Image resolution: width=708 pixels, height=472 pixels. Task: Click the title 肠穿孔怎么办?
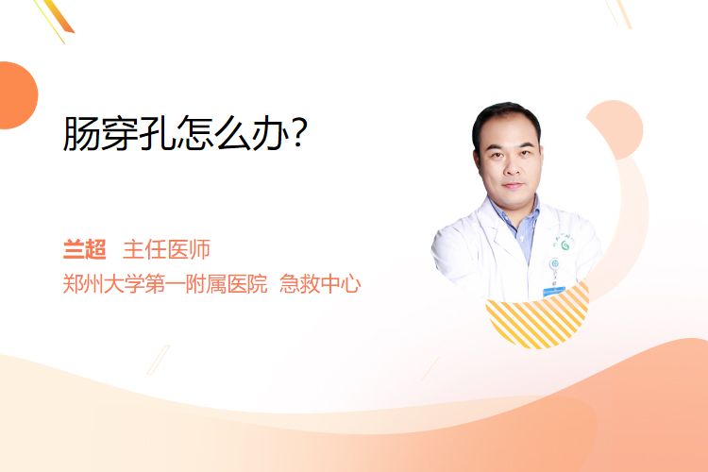click(x=185, y=133)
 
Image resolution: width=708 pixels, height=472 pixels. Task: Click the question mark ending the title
click(x=298, y=133)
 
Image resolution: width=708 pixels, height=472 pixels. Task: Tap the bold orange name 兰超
click(x=84, y=249)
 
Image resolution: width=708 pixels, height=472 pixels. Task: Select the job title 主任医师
click(x=166, y=249)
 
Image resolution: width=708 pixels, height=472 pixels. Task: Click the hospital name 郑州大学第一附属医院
click(x=165, y=284)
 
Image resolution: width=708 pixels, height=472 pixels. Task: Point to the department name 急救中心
click(x=320, y=284)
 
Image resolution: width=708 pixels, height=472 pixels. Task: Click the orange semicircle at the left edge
click(x=17, y=95)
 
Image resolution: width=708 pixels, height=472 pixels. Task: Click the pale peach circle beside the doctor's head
click(x=616, y=129)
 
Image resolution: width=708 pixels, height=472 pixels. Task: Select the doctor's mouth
click(x=513, y=185)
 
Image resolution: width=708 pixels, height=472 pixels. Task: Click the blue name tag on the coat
click(x=553, y=292)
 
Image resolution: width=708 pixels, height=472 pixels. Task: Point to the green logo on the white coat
click(x=565, y=245)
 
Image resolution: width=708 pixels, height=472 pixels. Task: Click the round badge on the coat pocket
click(x=554, y=263)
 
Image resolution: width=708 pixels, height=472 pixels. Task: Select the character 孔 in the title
click(x=157, y=133)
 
